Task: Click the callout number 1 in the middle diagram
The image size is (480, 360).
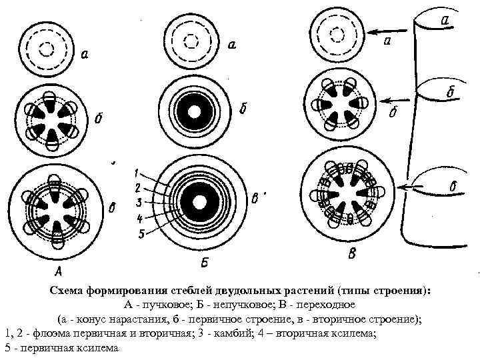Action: [x=136, y=174]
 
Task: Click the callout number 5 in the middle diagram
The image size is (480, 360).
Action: [x=141, y=234]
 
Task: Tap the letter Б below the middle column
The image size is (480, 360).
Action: [x=205, y=262]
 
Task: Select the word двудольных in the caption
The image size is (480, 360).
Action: [x=247, y=291]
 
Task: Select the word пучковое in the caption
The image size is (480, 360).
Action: [x=156, y=305]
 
